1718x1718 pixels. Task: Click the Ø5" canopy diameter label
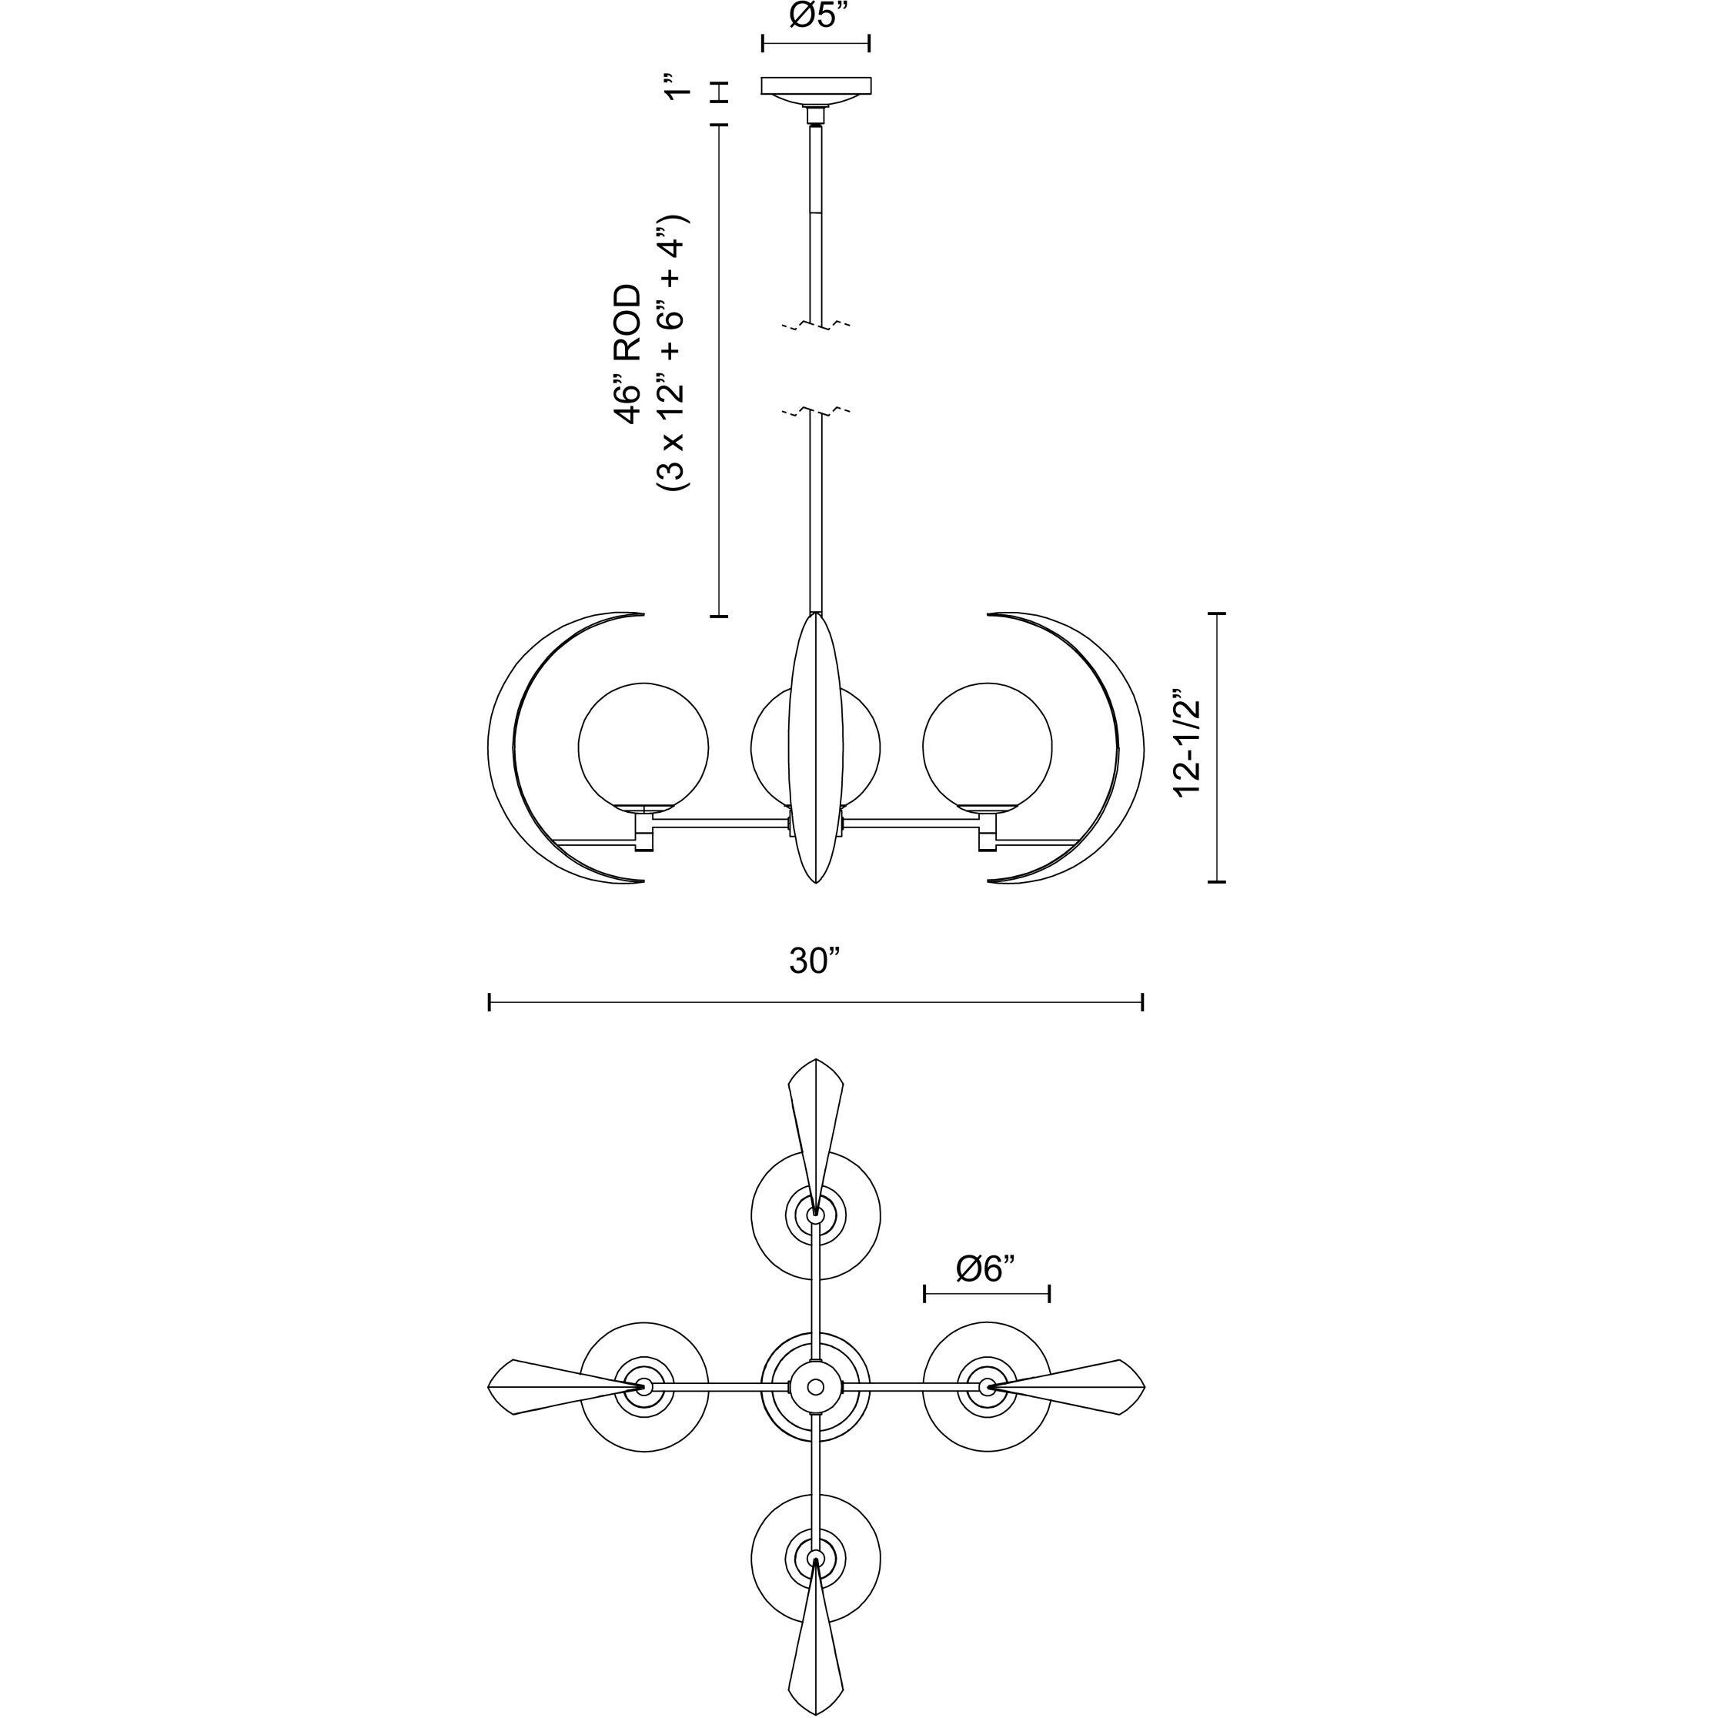point(814,17)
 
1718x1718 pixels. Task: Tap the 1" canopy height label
point(680,90)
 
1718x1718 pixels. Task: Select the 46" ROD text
point(627,354)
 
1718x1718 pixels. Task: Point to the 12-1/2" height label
point(1188,747)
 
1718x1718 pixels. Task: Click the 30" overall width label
point(814,961)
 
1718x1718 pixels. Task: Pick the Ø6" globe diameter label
point(986,1269)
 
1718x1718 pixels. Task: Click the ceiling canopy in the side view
point(815,86)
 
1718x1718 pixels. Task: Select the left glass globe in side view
point(643,747)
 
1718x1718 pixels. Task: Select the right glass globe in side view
point(987,747)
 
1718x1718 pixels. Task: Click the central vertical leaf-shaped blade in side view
point(814,747)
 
